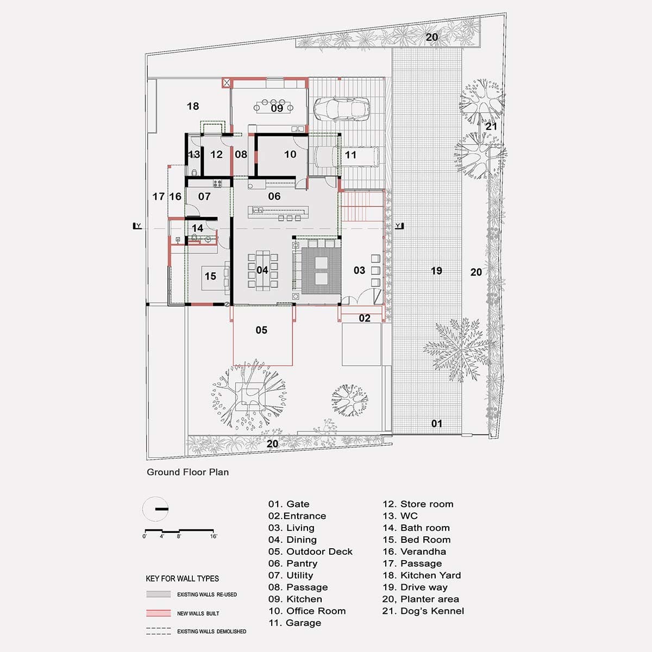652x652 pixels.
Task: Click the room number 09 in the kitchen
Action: [x=277, y=108]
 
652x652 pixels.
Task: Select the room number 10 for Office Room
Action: [x=290, y=154]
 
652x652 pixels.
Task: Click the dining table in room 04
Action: [x=262, y=269]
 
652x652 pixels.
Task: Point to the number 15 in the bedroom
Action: [x=210, y=276]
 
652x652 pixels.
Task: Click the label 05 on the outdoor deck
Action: [x=261, y=330]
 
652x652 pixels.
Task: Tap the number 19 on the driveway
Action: [x=436, y=271]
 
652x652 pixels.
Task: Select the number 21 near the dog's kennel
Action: [x=491, y=126]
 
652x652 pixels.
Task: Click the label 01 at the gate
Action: [x=437, y=423]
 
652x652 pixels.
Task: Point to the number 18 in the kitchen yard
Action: [x=193, y=106]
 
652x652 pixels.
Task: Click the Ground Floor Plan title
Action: [x=187, y=472]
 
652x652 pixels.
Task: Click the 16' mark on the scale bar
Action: [x=214, y=536]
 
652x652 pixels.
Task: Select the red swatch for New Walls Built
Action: [x=158, y=613]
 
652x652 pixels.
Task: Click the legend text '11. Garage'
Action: [x=294, y=623]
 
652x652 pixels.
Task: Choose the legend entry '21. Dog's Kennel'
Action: [x=423, y=611]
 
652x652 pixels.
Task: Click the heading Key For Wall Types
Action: [x=182, y=579]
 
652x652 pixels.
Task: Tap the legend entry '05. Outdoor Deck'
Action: [x=310, y=551]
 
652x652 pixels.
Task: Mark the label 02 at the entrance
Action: [x=365, y=318]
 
